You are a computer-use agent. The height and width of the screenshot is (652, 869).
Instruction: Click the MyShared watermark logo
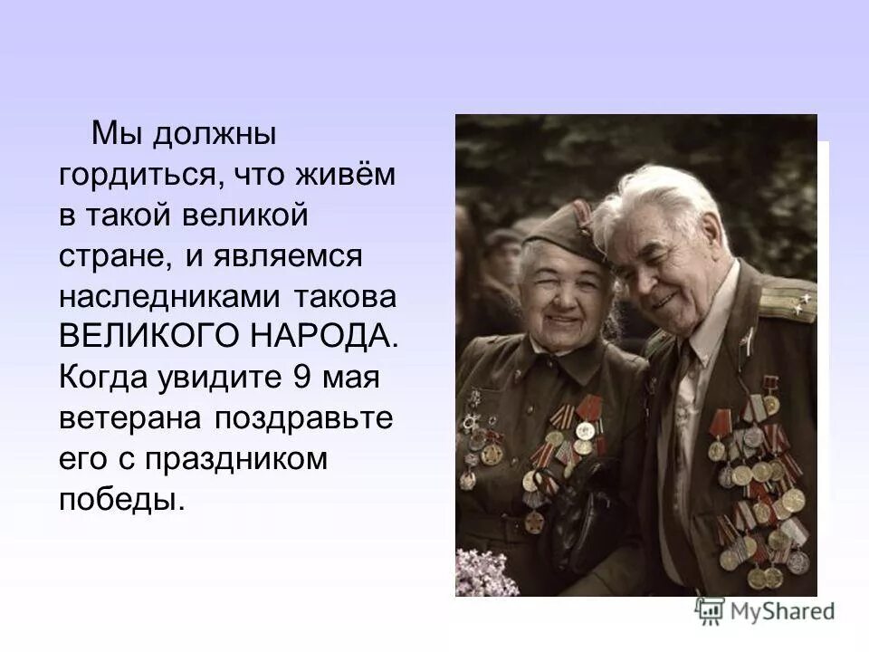click(x=766, y=611)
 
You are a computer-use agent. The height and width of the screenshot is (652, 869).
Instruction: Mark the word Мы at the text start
click(x=112, y=137)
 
